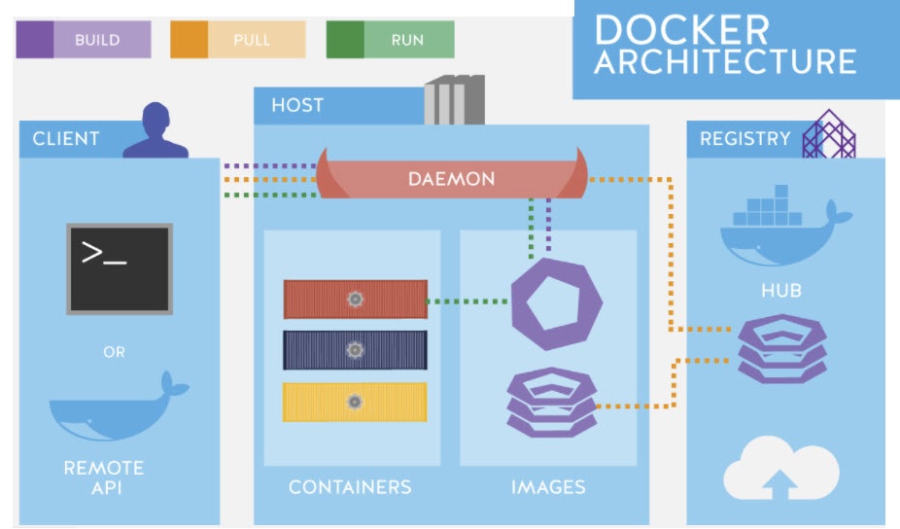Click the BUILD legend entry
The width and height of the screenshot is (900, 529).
[x=84, y=40]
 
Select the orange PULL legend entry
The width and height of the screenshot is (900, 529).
[x=237, y=40]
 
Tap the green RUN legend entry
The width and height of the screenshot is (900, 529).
[x=390, y=40]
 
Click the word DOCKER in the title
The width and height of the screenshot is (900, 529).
[x=681, y=29]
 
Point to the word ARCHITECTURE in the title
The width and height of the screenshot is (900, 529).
[x=725, y=61]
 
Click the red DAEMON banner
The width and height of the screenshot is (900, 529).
[x=451, y=179]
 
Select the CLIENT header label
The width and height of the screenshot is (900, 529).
[x=66, y=138]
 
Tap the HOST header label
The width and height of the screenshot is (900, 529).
[x=297, y=105]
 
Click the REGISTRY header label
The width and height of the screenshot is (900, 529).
[x=745, y=138]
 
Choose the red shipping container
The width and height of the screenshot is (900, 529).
[x=355, y=300]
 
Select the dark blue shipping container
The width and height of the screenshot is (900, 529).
[x=355, y=350]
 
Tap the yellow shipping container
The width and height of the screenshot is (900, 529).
[x=355, y=402]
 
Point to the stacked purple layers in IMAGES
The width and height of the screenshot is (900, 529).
[x=551, y=401]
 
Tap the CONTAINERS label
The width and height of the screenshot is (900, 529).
[x=350, y=486]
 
